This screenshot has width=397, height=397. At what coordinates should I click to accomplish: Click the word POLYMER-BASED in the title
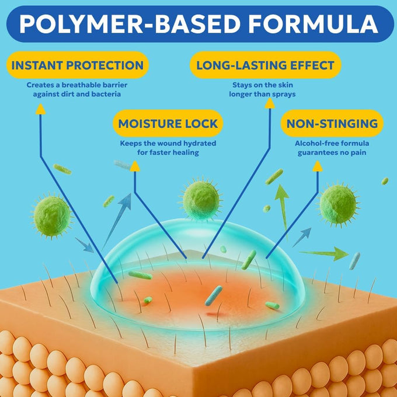[x=130, y=24]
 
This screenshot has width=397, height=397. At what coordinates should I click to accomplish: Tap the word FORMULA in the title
[x=313, y=24]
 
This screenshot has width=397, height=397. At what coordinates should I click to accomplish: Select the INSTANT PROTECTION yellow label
[x=78, y=65]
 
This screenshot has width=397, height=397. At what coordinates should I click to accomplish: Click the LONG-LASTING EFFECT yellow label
[x=265, y=65]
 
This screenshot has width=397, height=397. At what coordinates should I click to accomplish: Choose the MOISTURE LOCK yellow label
[x=168, y=124]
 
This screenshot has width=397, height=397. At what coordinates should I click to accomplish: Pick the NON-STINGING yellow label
[x=332, y=124]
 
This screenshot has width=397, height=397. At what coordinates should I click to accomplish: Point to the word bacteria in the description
[x=106, y=94]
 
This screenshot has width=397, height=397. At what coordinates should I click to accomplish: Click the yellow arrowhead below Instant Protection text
[x=40, y=109]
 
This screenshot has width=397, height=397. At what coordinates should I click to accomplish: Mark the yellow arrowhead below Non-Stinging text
[x=318, y=166]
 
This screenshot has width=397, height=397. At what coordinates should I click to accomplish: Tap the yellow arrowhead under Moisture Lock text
[x=135, y=166]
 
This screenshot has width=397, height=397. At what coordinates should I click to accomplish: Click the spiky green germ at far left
[x=52, y=215]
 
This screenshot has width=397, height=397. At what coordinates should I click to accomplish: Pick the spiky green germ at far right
[x=338, y=204]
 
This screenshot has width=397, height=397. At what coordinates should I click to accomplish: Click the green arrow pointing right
[x=324, y=253]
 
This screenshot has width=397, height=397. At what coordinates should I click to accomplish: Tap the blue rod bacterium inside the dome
[x=214, y=295]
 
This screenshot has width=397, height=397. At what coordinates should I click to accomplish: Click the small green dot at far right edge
[x=385, y=181]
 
